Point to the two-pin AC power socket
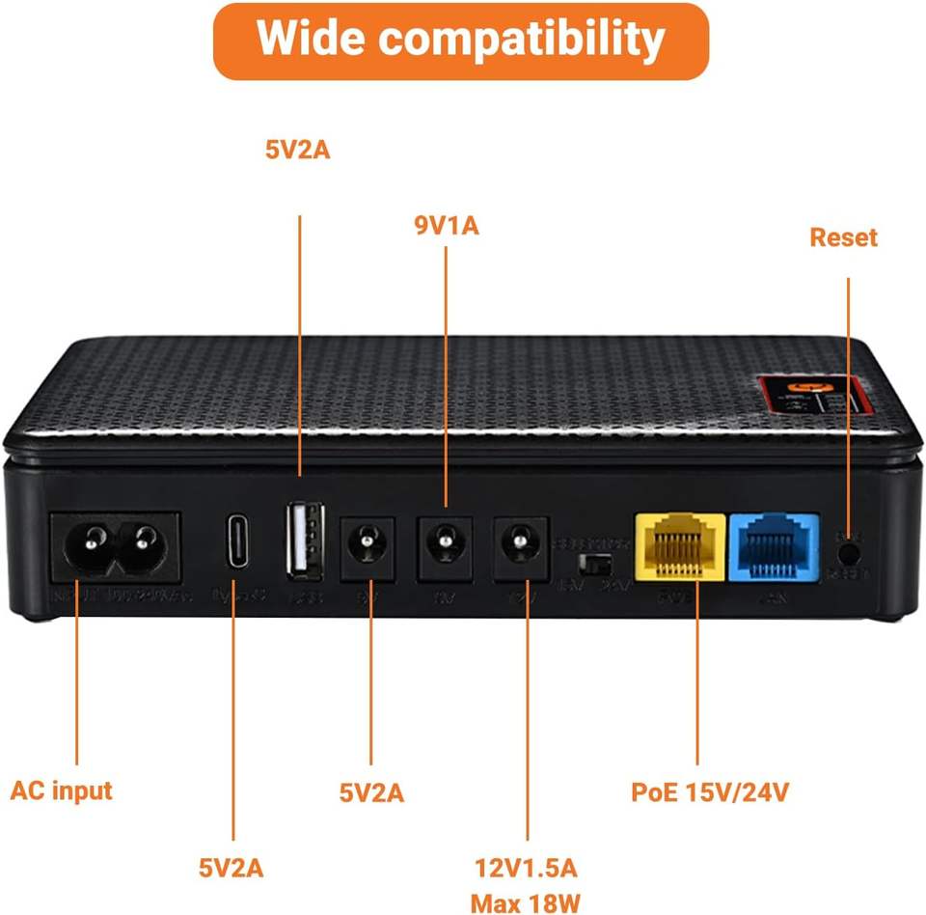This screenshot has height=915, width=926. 114,546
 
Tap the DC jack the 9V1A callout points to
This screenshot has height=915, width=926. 445,546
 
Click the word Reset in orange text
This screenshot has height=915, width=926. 843,237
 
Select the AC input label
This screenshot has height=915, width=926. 62,790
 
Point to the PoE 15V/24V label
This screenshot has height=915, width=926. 711,792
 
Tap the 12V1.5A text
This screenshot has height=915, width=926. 526,867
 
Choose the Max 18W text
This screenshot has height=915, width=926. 526,903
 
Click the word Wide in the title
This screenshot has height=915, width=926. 310,40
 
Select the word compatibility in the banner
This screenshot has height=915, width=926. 521,40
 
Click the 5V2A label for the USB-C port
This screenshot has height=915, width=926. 231,867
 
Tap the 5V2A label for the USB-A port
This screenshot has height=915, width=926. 298,151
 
